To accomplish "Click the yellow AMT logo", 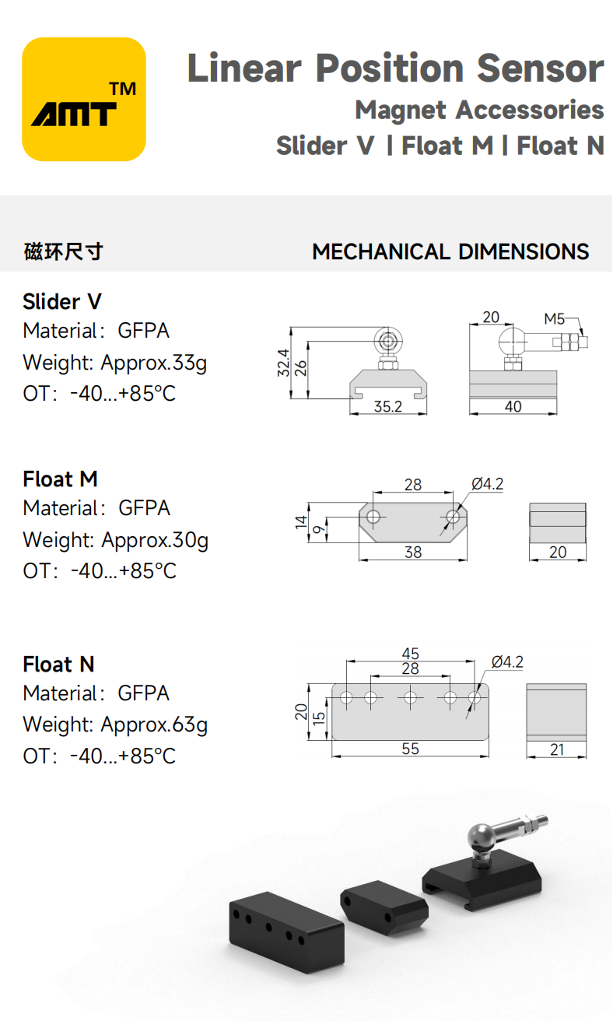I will (x=84, y=100).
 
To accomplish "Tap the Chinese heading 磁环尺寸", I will (x=63, y=252).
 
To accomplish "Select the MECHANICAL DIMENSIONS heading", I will (x=450, y=252).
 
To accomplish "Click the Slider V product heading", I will (x=62, y=301).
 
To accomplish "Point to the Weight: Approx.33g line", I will (x=115, y=363).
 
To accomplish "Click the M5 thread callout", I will (x=554, y=318).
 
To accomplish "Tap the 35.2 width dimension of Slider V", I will (x=387, y=406).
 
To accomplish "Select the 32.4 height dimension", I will (x=283, y=363).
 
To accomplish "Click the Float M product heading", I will (x=61, y=479).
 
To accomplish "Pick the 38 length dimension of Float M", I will (x=413, y=552).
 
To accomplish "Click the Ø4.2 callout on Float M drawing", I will (x=487, y=484).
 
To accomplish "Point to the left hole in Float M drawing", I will (x=374, y=517).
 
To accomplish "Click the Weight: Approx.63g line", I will (x=115, y=725).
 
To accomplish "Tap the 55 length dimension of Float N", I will (x=410, y=749).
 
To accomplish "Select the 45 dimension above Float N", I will (x=410, y=654).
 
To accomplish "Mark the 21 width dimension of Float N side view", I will (x=556, y=749).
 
